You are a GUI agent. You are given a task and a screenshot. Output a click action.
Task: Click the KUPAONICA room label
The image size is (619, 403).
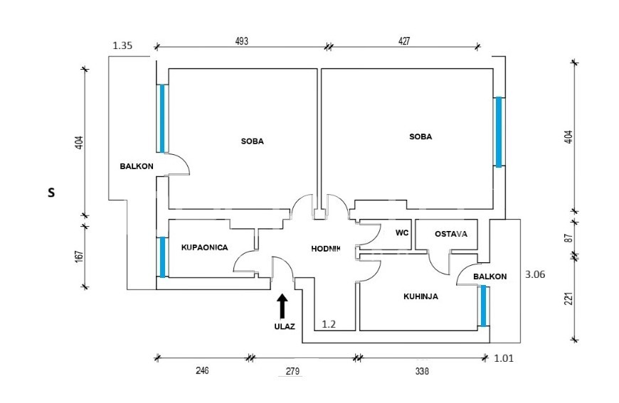click(x=204, y=247)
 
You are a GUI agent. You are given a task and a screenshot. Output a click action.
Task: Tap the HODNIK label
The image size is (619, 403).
click(x=327, y=249)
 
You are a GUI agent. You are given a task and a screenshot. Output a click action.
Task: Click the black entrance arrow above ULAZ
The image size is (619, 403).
click(x=282, y=306)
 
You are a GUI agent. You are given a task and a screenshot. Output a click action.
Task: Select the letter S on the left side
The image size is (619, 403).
click(x=51, y=192)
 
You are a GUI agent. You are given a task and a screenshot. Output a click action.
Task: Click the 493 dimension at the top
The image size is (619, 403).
click(x=241, y=41)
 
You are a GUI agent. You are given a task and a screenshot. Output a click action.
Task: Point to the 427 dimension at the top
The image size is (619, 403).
click(x=404, y=41)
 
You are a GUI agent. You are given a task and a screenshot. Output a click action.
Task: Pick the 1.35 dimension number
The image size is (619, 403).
click(x=123, y=46)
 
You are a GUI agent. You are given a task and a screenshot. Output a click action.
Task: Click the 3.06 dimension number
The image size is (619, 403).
click(x=534, y=274)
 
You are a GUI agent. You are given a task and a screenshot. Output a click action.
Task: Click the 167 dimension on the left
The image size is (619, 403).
click(x=79, y=256)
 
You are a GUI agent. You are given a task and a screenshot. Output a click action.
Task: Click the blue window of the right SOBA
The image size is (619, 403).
click(x=499, y=131)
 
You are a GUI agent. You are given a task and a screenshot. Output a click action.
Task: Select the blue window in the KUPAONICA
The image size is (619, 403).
click(x=163, y=257)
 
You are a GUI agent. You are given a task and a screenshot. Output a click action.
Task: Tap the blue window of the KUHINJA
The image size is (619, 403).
click(x=483, y=306)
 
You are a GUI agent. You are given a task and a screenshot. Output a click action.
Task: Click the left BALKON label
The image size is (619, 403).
click(x=137, y=166)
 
